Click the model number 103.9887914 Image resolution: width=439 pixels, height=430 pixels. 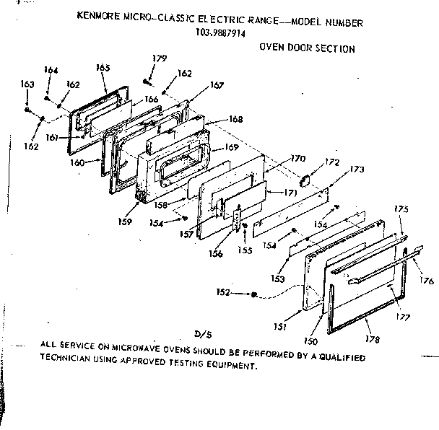pyautogui.click(x=220, y=32)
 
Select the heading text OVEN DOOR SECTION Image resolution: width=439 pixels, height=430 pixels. pyautogui.click(x=307, y=49)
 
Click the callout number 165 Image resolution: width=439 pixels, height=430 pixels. pyautogui.click(x=103, y=67)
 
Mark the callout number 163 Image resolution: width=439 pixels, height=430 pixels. pyautogui.click(x=27, y=84)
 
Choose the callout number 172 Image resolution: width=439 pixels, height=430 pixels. pyautogui.click(x=331, y=162)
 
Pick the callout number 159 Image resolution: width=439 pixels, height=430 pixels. pyautogui.click(x=126, y=221)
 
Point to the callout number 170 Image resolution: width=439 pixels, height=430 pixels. pyautogui.click(x=297, y=158)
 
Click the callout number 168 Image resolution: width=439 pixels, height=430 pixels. pyautogui.click(x=235, y=119)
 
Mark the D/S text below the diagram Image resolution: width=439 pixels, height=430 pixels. pyautogui.click(x=201, y=333)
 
